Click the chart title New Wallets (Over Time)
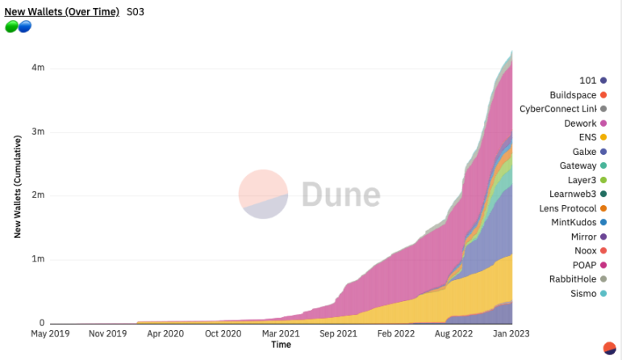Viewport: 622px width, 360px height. [x=61, y=12]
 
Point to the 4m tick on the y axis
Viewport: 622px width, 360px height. [x=38, y=68]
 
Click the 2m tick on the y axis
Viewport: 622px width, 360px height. [x=38, y=195]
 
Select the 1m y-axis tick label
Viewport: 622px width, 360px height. [x=38, y=259]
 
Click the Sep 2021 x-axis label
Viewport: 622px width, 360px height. [x=339, y=333]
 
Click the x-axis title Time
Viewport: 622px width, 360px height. [x=281, y=345]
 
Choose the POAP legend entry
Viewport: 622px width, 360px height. [x=583, y=265]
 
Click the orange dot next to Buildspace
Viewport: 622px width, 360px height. [x=603, y=95]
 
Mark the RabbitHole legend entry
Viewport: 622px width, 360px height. [x=573, y=279]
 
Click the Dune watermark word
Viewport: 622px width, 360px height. [x=340, y=195]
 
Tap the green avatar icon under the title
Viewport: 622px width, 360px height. [x=11, y=27]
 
